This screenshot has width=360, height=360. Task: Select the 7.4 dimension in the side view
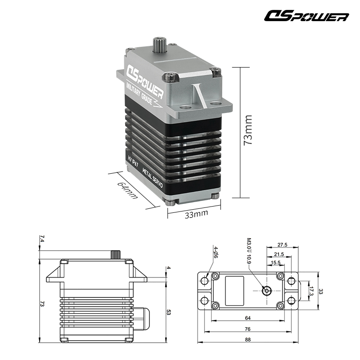[x=42, y=239]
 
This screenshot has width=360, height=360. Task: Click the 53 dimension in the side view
[x=168, y=312]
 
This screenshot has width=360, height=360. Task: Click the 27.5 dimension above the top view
[x=282, y=245]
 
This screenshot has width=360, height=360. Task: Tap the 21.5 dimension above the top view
[x=279, y=254]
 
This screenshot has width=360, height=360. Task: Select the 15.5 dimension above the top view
[x=276, y=262]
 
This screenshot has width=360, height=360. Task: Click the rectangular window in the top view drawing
[x=234, y=286]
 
